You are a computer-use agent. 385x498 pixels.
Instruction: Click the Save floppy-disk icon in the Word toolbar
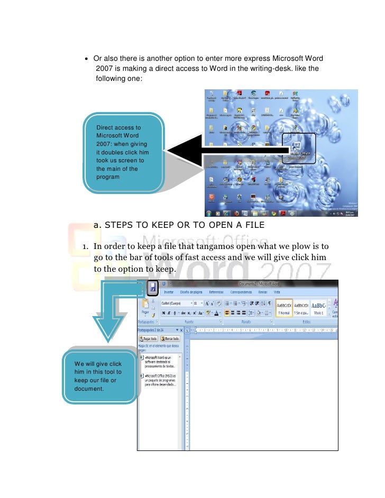pyautogui.click(x=153, y=288)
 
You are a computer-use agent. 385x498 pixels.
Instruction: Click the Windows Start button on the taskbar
pyautogui.click(x=209, y=214)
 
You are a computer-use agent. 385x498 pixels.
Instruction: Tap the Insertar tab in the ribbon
pyautogui.click(x=169, y=292)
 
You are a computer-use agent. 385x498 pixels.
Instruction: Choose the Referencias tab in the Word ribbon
pyautogui.click(x=219, y=292)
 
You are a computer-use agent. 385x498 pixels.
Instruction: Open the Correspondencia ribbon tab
pyautogui.click(x=243, y=292)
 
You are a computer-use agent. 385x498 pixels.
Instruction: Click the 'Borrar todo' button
pyautogui.click(x=169, y=338)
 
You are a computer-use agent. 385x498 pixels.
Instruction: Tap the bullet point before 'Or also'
pyautogui.click(x=87, y=59)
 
